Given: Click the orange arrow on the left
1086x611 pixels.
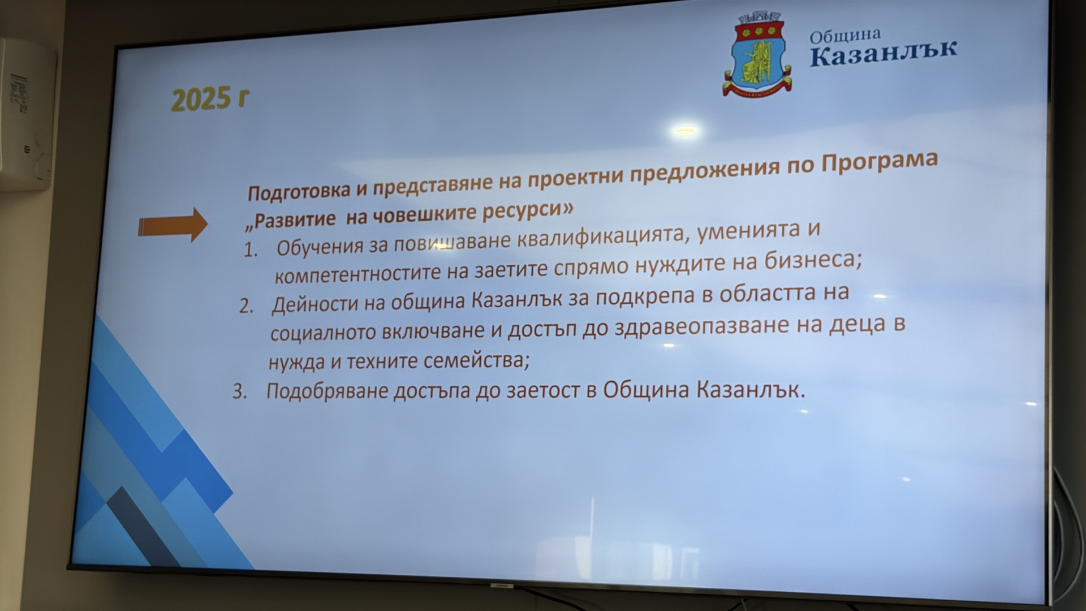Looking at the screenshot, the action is pos(173,225).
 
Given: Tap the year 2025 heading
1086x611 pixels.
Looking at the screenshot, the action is pos(210,100).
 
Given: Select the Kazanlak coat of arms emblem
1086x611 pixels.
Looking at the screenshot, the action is pos(757,55).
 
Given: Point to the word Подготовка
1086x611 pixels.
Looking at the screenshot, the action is pos(299,192).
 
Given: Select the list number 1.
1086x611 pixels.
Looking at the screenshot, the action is pos(251,250).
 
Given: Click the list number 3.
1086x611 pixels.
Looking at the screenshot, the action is pos(240,391).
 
